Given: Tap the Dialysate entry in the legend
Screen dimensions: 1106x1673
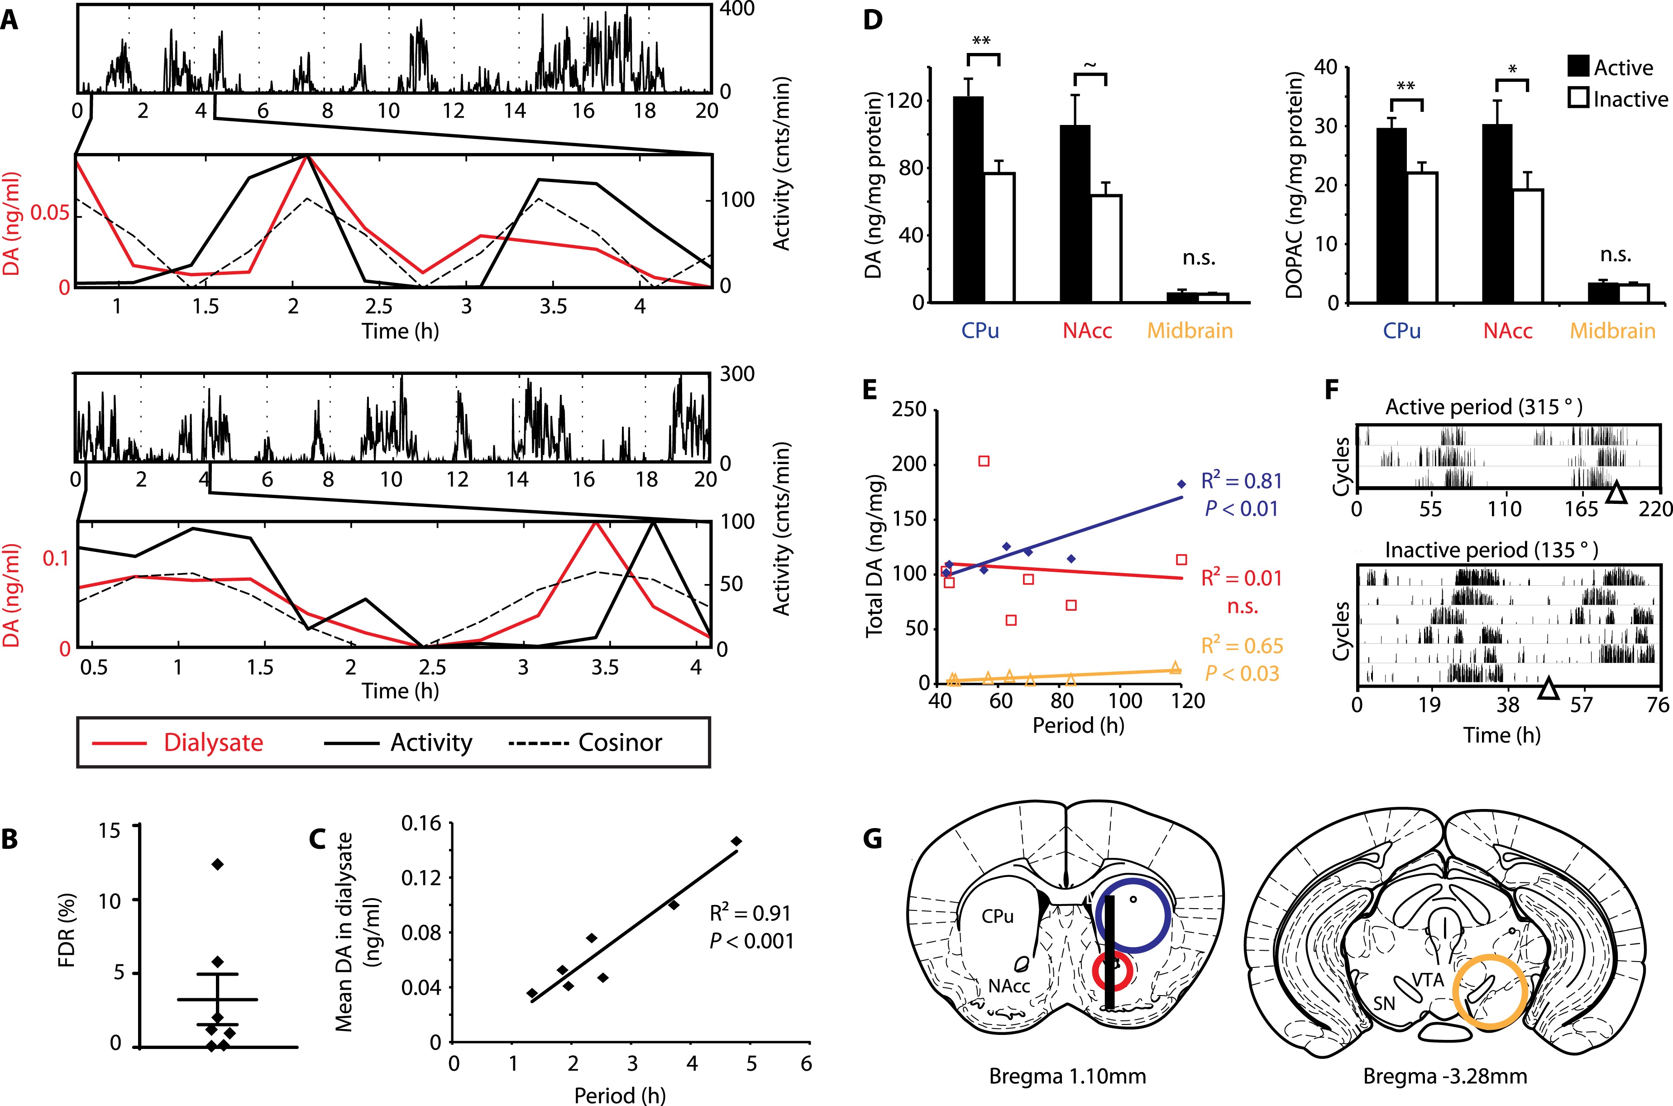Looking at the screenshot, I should click(x=213, y=743).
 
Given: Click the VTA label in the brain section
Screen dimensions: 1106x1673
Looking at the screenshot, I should click(x=1428, y=980).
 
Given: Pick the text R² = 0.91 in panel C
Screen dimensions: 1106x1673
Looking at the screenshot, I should click(x=750, y=914).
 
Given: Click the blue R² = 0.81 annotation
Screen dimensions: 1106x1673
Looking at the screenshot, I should click(x=1241, y=481).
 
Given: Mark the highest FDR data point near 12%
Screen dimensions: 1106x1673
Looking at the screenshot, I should click(x=217, y=864).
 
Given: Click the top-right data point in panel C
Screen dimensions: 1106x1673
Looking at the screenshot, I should click(x=736, y=841).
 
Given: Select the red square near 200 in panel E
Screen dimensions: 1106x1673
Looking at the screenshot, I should click(x=984, y=461).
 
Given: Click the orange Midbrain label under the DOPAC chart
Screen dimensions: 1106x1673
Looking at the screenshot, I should click(x=1612, y=331).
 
